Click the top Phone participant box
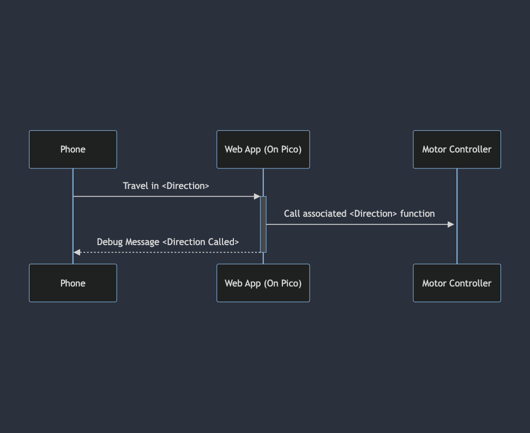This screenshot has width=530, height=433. (x=73, y=149)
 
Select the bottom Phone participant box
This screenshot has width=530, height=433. (x=73, y=283)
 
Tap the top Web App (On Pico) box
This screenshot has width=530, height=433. (x=263, y=149)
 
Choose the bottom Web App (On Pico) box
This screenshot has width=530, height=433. (x=263, y=283)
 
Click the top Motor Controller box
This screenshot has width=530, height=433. (x=456, y=149)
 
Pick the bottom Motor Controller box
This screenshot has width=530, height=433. (x=456, y=283)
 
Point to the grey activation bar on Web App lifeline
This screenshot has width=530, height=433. (x=263, y=224)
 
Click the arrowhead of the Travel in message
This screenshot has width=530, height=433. (x=257, y=196)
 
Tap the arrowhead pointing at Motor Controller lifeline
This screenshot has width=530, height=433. (x=451, y=224)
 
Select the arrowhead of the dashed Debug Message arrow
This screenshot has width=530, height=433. (x=77, y=252)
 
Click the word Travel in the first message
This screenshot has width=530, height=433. (x=136, y=186)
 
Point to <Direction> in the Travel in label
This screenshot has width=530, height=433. (x=185, y=186)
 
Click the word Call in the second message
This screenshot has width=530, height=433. (x=292, y=214)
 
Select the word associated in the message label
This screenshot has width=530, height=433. (x=325, y=214)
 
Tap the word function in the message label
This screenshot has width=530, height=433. (x=417, y=214)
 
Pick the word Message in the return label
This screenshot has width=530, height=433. (x=142, y=242)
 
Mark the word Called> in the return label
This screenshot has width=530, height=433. (x=223, y=242)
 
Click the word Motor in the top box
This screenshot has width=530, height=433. (x=434, y=149)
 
